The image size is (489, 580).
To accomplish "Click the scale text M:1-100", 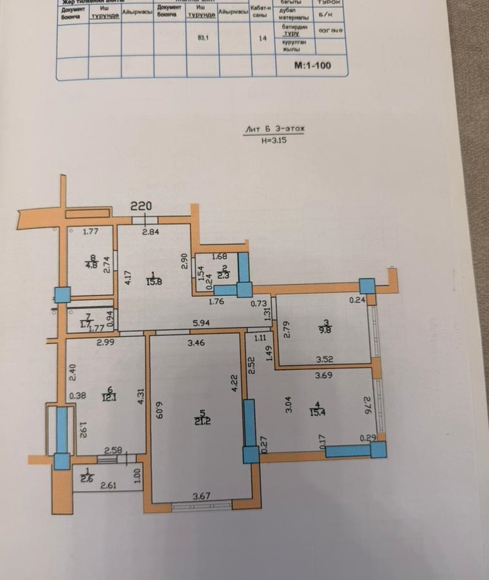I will [312, 65].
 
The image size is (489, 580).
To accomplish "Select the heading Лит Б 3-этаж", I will [275, 129].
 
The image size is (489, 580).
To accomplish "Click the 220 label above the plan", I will [141, 206].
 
